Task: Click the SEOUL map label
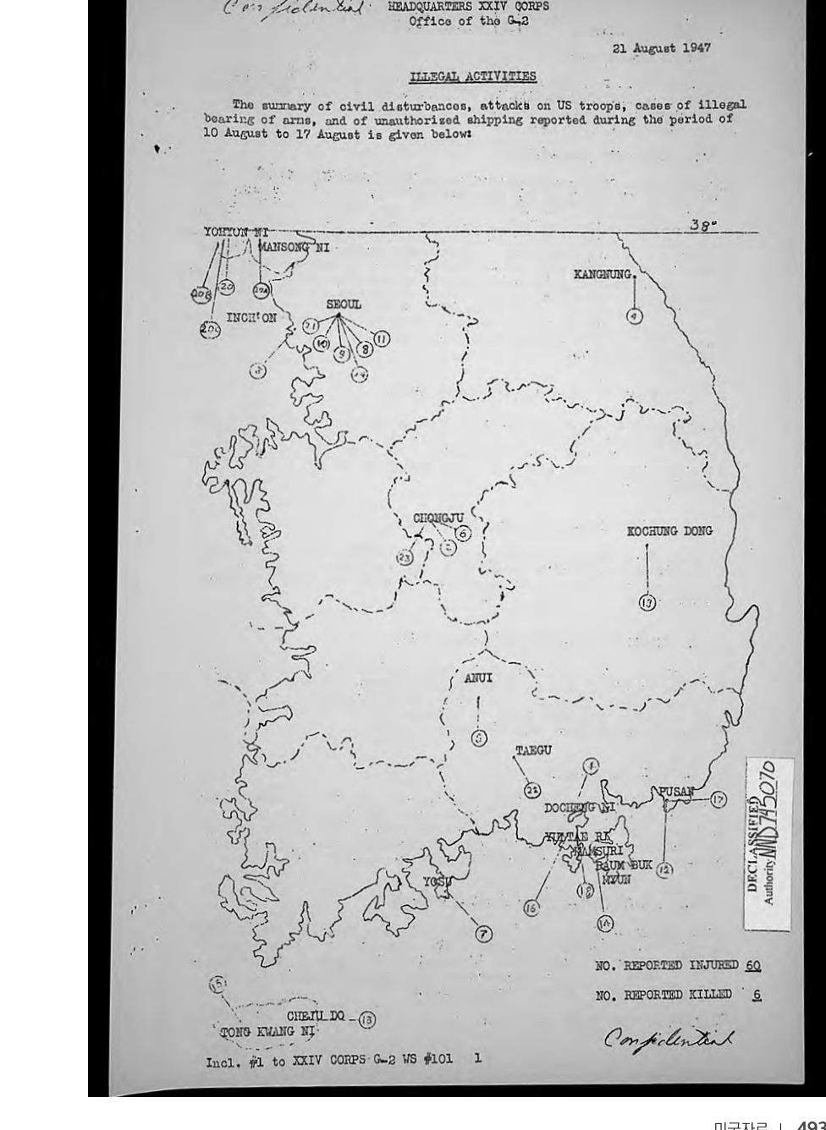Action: pyautogui.click(x=344, y=304)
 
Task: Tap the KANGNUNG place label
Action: pyautogui.click(x=604, y=274)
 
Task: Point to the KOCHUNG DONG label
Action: pyautogui.click(x=669, y=531)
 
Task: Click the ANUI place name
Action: pyautogui.click(x=478, y=677)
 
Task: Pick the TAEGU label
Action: pyautogui.click(x=533, y=750)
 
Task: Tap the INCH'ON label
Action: pyautogui.click(x=251, y=319)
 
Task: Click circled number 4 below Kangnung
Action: pyautogui.click(x=634, y=316)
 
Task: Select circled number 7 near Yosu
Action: pyautogui.click(x=482, y=934)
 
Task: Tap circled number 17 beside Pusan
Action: pyautogui.click(x=718, y=799)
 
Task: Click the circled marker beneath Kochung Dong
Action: pyautogui.click(x=647, y=602)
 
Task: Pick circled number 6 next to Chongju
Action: pyautogui.click(x=462, y=534)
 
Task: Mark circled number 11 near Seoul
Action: pyautogui.click(x=382, y=339)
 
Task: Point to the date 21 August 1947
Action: pyautogui.click(x=661, y=47)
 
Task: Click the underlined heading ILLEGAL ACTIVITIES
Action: pyautogui.click(x=472, y=76)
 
